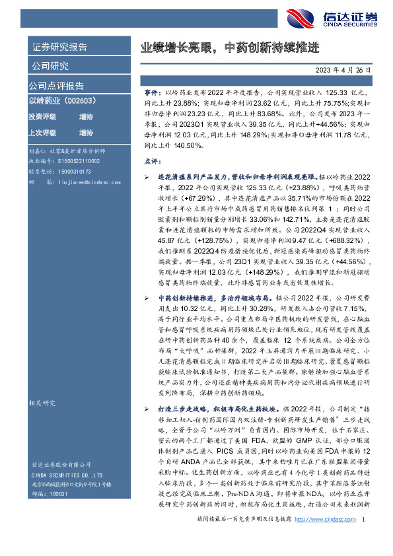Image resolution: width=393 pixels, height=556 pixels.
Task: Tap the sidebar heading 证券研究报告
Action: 59,47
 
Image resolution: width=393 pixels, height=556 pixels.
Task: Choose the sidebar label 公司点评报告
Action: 55,85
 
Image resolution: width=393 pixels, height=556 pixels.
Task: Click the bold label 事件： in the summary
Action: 153,95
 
